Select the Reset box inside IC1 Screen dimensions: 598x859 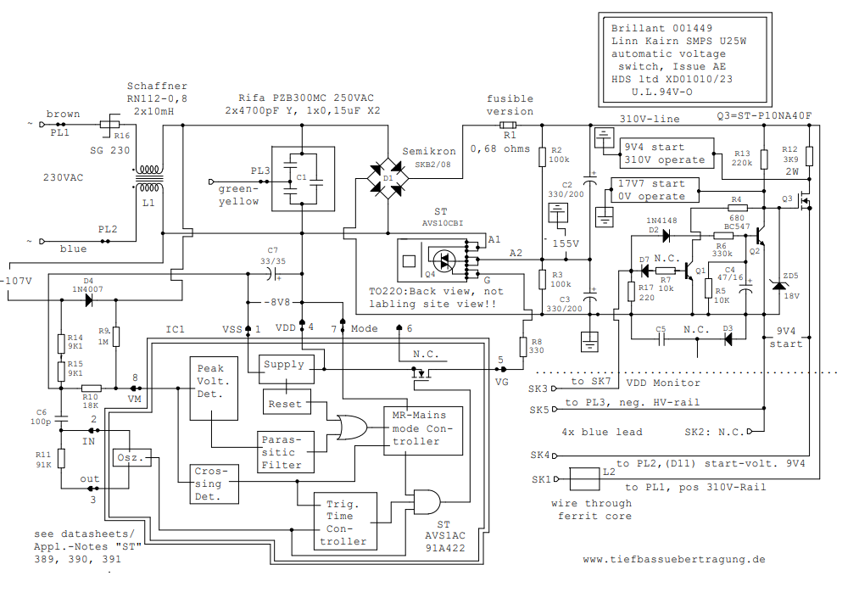[x=285, y=405]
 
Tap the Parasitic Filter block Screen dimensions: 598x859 [x=285, y=451]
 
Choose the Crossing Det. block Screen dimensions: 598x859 [x=209, y=483]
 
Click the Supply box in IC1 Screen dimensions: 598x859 [x=283, y=364]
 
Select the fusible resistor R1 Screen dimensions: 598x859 [x=509, y=125]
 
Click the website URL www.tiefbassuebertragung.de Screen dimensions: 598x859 [x=674, y=559]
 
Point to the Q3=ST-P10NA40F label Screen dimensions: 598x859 [x=764, y=116]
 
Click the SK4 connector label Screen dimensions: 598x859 [x=541, y=455]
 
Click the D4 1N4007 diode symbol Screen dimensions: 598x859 [x=88, y=300]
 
